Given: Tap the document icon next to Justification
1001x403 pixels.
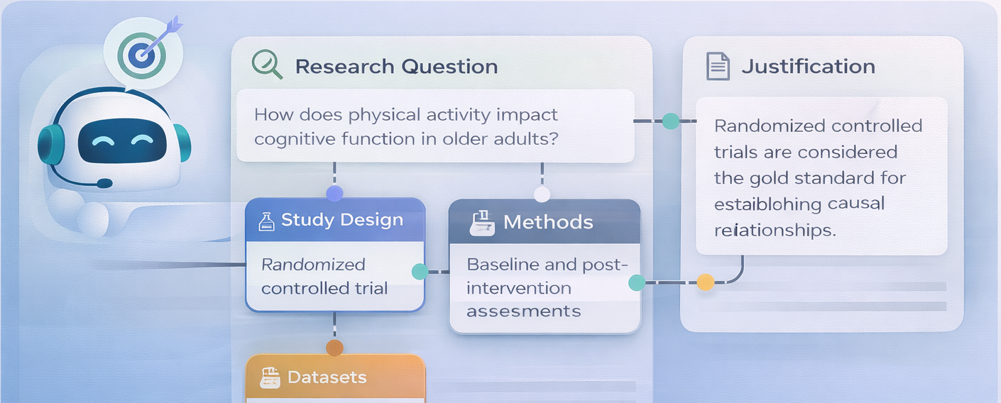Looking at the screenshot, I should (x=718, y=66).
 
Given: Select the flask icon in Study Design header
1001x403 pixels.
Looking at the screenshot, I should (x=266, y=221).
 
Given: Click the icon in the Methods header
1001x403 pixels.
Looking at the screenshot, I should (x=482, y=222).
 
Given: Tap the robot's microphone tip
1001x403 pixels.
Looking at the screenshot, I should (x=104, y=183).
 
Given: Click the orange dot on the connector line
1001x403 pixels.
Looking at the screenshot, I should (x=705, y=282).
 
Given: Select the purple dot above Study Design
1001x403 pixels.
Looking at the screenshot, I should (x=334, y=193).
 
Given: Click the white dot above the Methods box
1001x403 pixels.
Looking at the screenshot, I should (x=542, y=194).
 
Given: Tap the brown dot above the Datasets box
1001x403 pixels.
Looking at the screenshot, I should (x=334, y=348).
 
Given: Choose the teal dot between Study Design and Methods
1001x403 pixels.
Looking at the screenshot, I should (x=420, y=271).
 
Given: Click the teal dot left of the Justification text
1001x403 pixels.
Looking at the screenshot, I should (x=670, y=121).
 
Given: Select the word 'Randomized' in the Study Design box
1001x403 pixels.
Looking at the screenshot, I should (x=313, y=265).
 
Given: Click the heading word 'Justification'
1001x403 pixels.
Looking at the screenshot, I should (x=808, y=67).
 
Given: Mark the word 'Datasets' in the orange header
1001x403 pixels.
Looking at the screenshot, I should (x=327, y=377).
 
